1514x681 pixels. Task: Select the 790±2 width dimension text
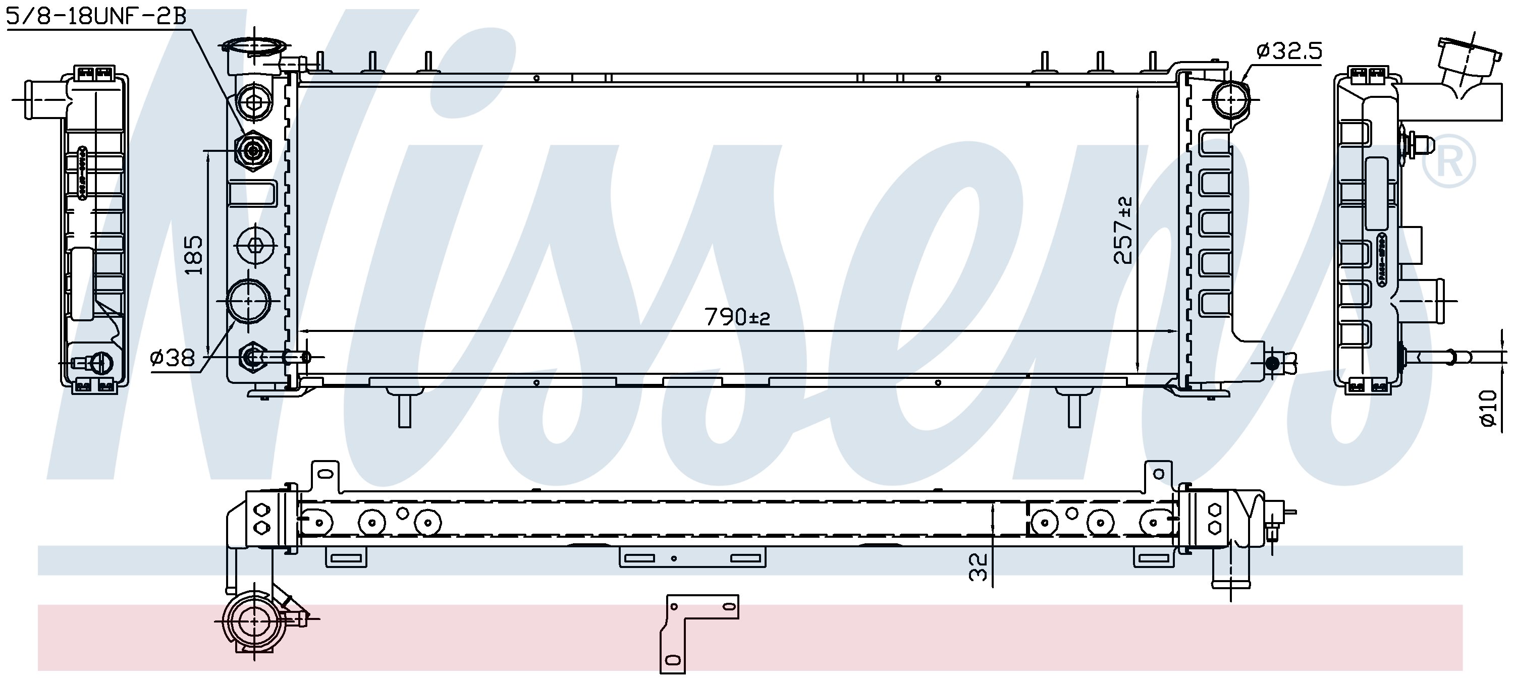point(737,317)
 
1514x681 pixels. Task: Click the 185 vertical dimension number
point(194,255)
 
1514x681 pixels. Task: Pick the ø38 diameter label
point(172,357)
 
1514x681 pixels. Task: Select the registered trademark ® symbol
point(1449,160)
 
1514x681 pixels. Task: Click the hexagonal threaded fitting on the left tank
point(253,151)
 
